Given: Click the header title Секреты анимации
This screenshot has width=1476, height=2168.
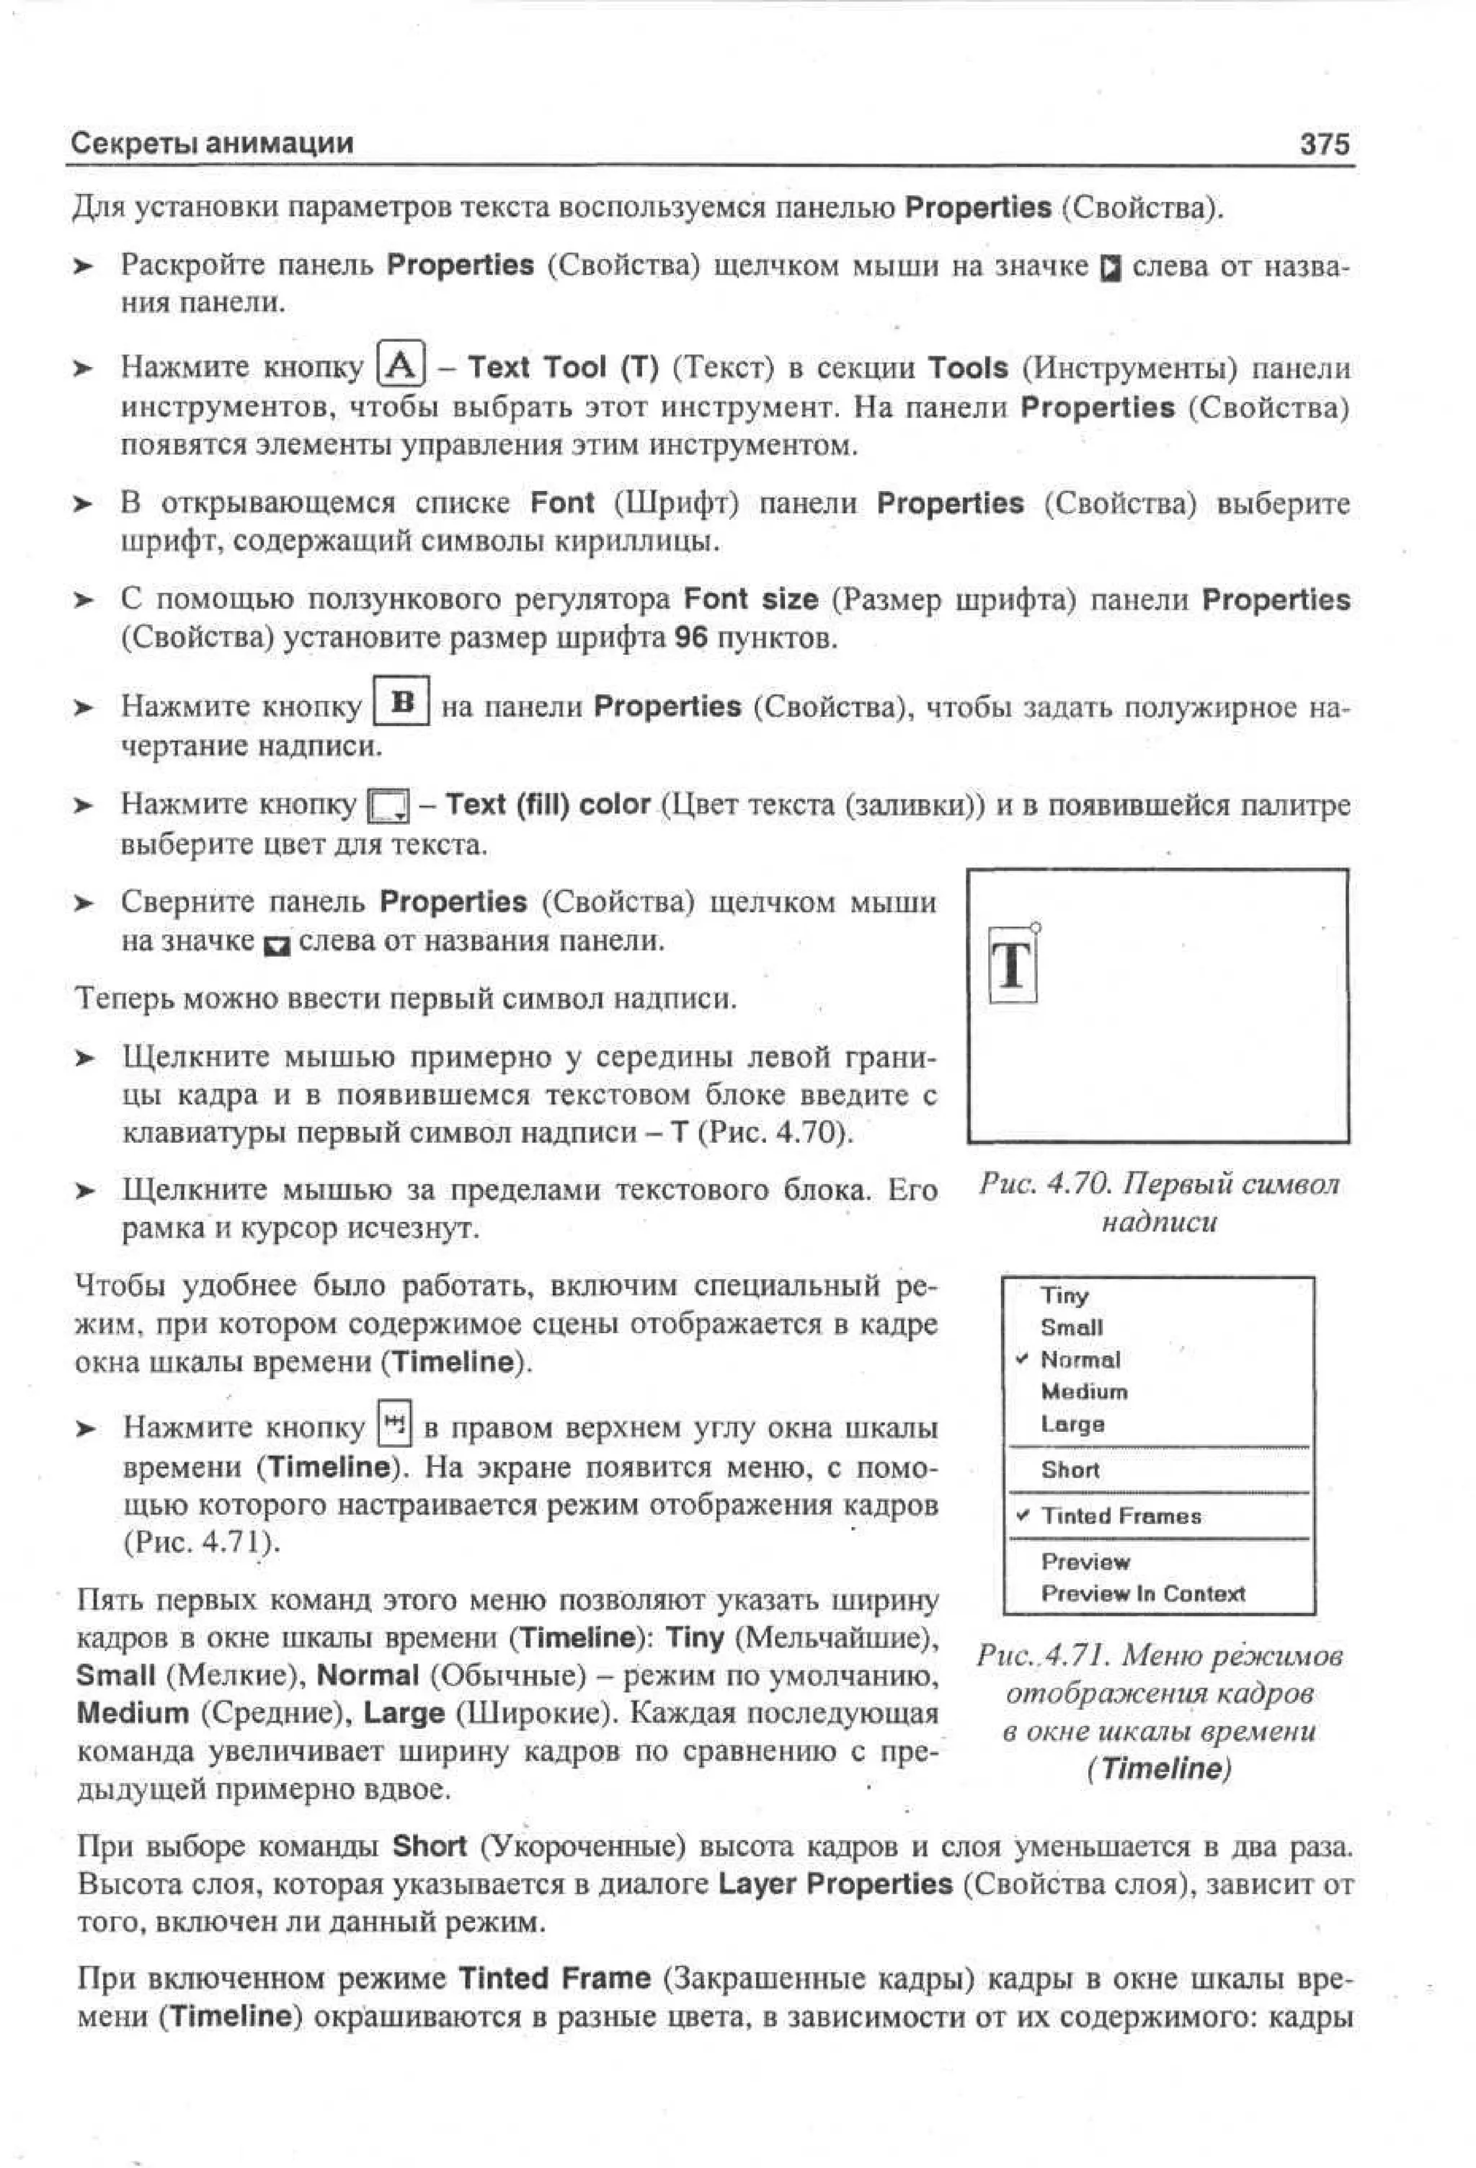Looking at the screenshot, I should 213,143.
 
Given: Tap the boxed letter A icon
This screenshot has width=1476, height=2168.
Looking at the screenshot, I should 401,366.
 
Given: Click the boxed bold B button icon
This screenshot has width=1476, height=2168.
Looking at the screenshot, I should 401,702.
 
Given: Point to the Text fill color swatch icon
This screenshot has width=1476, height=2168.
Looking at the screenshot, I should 388,806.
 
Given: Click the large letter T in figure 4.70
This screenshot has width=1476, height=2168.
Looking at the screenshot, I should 1012,965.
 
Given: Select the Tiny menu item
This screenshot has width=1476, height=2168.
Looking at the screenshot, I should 1064,1295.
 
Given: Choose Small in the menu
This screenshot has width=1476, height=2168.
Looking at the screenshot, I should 1072,1327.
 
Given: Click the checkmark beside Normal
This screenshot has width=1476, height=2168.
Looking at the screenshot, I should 1022,1358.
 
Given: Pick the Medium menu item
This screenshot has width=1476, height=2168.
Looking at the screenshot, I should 1083,1391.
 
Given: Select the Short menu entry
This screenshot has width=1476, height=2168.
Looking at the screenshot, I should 1070,1469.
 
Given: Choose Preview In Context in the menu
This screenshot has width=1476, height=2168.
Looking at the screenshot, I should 1142,1593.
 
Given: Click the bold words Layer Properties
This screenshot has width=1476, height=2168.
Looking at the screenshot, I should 835,1883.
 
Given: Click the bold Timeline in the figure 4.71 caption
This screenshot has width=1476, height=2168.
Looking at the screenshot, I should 1159,1769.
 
